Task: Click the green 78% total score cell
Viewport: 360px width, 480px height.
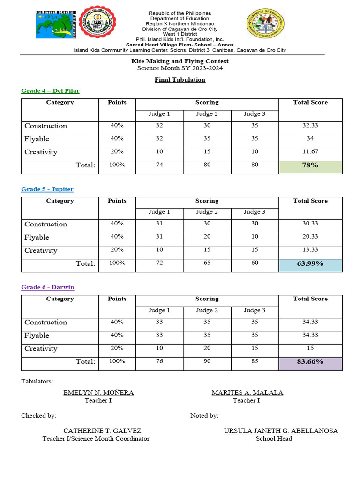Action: [x=310, y=167]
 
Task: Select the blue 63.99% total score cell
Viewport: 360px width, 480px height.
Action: [x=310, y=265]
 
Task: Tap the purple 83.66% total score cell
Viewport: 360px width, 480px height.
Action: [x=310, y=364]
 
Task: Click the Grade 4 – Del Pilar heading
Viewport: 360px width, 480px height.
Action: [x=50, y=91]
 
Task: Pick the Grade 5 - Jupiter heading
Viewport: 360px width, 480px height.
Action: [x=47, y=189]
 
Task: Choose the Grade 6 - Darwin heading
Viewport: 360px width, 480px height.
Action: [x=48, y=287]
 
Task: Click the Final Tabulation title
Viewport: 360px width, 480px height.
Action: [x=180, y=80]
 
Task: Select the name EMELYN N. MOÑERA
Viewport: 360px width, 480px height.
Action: [x=98, y=393]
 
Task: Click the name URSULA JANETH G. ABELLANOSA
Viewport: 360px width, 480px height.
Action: [x=281, y=431]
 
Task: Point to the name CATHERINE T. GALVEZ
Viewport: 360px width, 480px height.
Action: [x=102, y=431]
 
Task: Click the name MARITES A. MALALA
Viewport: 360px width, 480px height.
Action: [x=247, y=393]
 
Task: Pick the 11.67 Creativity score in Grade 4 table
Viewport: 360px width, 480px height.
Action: [x=310, y=152]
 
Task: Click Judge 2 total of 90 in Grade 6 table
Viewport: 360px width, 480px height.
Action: [x=207, y=361]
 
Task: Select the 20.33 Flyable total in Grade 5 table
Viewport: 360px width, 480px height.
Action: [x=310, y=237]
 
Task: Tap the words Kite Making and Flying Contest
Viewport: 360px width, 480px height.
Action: [x=180, y=61]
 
